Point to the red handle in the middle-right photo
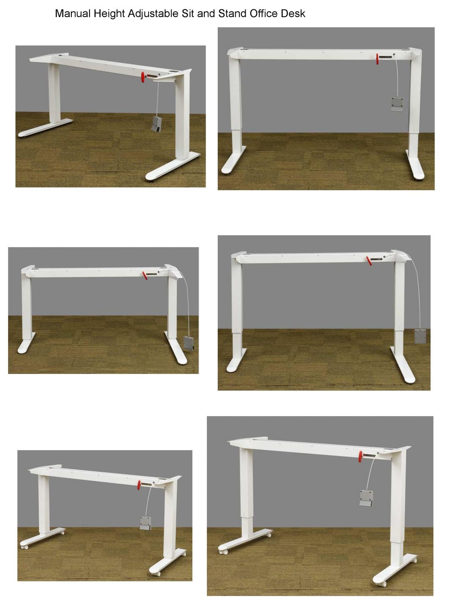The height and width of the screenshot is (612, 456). coord(369,260)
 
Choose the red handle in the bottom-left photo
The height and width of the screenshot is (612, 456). coord(139,485)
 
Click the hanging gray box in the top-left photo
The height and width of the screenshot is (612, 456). coord(157,125)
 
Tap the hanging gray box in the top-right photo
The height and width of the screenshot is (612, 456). coord(397,104)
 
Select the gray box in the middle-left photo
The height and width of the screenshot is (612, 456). coord(189,343)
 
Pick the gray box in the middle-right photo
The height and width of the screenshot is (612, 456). coord(420,335)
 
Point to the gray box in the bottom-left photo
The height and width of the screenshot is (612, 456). coord(145,523)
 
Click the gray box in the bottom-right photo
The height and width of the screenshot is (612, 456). coord(366,498)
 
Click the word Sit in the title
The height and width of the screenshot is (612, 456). coord(188,14)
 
